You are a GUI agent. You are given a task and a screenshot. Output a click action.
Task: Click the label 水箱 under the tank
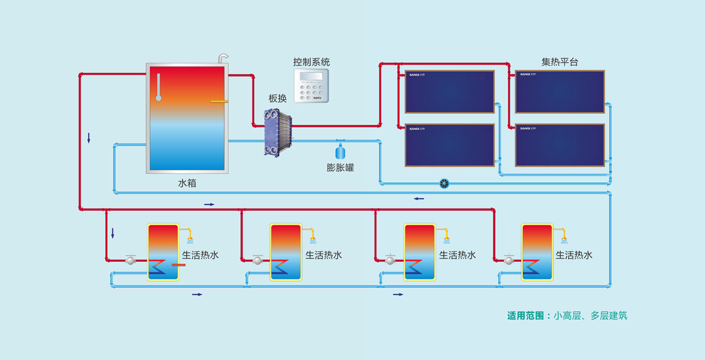(187, 183)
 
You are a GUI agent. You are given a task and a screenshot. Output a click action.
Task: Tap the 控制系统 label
(312, 62)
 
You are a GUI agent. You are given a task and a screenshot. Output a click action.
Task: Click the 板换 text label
(277, 99)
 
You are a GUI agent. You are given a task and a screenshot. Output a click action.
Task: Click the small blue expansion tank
(340, 149)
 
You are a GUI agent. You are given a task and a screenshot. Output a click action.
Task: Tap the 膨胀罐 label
(340, 167)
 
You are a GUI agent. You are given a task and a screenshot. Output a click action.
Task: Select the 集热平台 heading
(559, 62)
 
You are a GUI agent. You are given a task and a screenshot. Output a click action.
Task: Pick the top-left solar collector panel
(449, 92)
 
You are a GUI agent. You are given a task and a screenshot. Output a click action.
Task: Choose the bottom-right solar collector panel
(560, 144)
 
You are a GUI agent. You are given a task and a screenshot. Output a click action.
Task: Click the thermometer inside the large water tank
(158, 88)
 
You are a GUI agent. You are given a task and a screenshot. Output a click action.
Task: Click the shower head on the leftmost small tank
(190, 239)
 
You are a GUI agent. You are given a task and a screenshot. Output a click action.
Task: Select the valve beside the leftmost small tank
(131, 259)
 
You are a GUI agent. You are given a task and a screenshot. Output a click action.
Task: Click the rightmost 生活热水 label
(574, 255)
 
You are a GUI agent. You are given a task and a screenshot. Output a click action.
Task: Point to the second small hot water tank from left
(285, 252)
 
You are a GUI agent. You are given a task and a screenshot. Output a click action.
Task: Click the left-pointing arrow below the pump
(418, 198)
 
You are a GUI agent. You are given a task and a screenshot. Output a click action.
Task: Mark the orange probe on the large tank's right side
(219, 101)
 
